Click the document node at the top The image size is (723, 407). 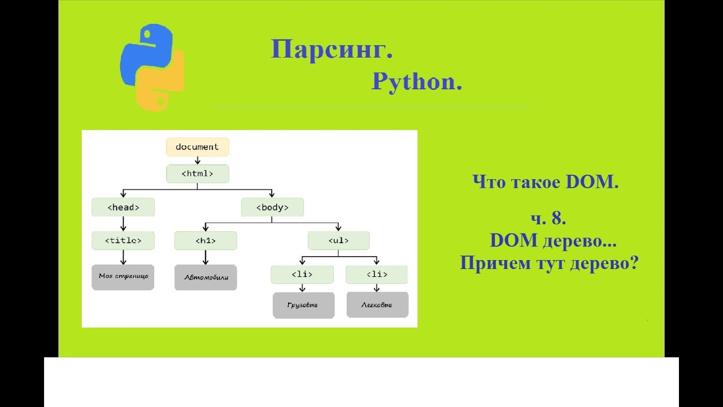tap(197, 147)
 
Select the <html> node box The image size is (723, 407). tap(197, 174)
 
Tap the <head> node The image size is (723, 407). tap(123, 207)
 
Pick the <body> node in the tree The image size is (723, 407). tap(272, 207)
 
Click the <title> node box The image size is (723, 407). tap(123, 240)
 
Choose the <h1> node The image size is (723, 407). tap(205, 240)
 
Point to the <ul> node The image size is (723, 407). tap(338, 240)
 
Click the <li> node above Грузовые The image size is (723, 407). tap(302, 274)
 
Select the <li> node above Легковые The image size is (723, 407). tap(377, 274)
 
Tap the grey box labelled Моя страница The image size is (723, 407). tap(123, 277)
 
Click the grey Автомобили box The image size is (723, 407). tap(205, 278)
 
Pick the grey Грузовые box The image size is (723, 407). tap(303, 305)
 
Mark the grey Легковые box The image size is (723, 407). tap(377, 305)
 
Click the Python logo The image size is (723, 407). tap(153, 67)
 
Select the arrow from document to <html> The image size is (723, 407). tap(197, 161)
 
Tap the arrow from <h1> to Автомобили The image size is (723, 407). tap(205, 257)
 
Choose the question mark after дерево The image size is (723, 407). tap(632, 263)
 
